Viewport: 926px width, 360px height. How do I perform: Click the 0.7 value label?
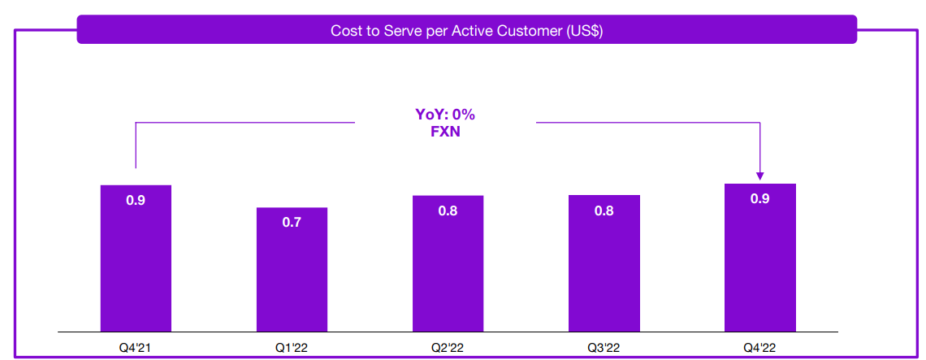(x=292, y=222)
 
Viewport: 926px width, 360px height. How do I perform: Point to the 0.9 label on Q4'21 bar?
(x=136, y=200)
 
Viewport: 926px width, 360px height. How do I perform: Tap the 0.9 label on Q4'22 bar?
(x=759, y=198)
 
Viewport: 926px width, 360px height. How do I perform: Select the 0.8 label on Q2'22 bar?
(x=448, y=210)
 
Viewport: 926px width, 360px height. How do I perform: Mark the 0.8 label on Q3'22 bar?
(x=604, y=210)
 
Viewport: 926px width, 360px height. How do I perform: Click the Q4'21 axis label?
(x=136, y=347)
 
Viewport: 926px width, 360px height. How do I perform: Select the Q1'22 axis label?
(x=292, y=347)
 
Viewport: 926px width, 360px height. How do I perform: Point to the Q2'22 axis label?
(x=448, y=347)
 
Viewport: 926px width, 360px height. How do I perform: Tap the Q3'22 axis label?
(x=604, y=347)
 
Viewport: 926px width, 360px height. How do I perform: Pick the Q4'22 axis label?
(x=759, y=347)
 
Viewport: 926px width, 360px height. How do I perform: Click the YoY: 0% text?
(x=445, y=115)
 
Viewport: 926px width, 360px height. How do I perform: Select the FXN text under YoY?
(x=445, y=132)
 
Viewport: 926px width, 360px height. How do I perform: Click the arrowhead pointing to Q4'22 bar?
(x=759, y=174)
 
